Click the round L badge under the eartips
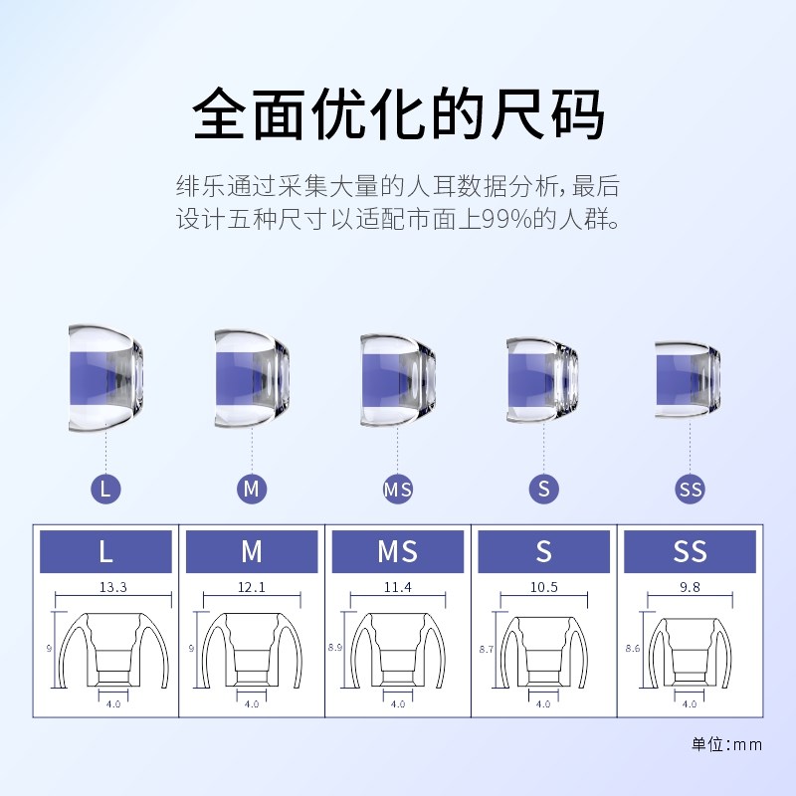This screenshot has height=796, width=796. (x=105, y=489)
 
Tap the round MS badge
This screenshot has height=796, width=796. (x=398, y=489)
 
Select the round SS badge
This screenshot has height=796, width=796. (x=690, y=489)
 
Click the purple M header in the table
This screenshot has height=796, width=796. (x=252, y=551)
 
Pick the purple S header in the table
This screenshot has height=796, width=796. (x=543, y=551)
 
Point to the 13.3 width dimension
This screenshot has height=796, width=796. (x=113, y=587)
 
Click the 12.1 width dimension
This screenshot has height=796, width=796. (x=252, y=587)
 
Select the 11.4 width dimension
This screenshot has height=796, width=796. (x=397, y=587)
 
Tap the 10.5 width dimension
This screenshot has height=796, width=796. (x=543, y=587)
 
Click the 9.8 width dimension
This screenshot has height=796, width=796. (x=690, y=587)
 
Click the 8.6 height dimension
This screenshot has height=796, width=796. (x=633, y=648)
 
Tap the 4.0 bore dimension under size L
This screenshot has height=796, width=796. (x=113, y=703)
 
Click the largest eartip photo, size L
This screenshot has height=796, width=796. (x=105, y=378)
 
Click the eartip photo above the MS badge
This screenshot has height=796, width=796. (x=398, y=376)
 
